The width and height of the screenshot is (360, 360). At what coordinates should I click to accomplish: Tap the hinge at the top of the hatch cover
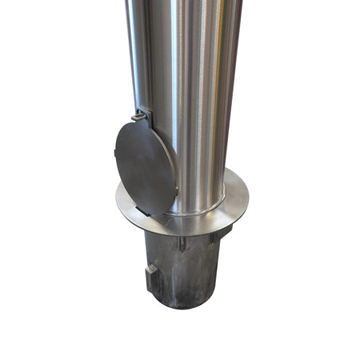tap(139, 118)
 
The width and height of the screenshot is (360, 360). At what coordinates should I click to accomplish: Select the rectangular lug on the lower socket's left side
tap(152, 279)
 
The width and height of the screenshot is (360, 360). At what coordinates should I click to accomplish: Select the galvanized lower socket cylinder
tap(184, 268)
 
